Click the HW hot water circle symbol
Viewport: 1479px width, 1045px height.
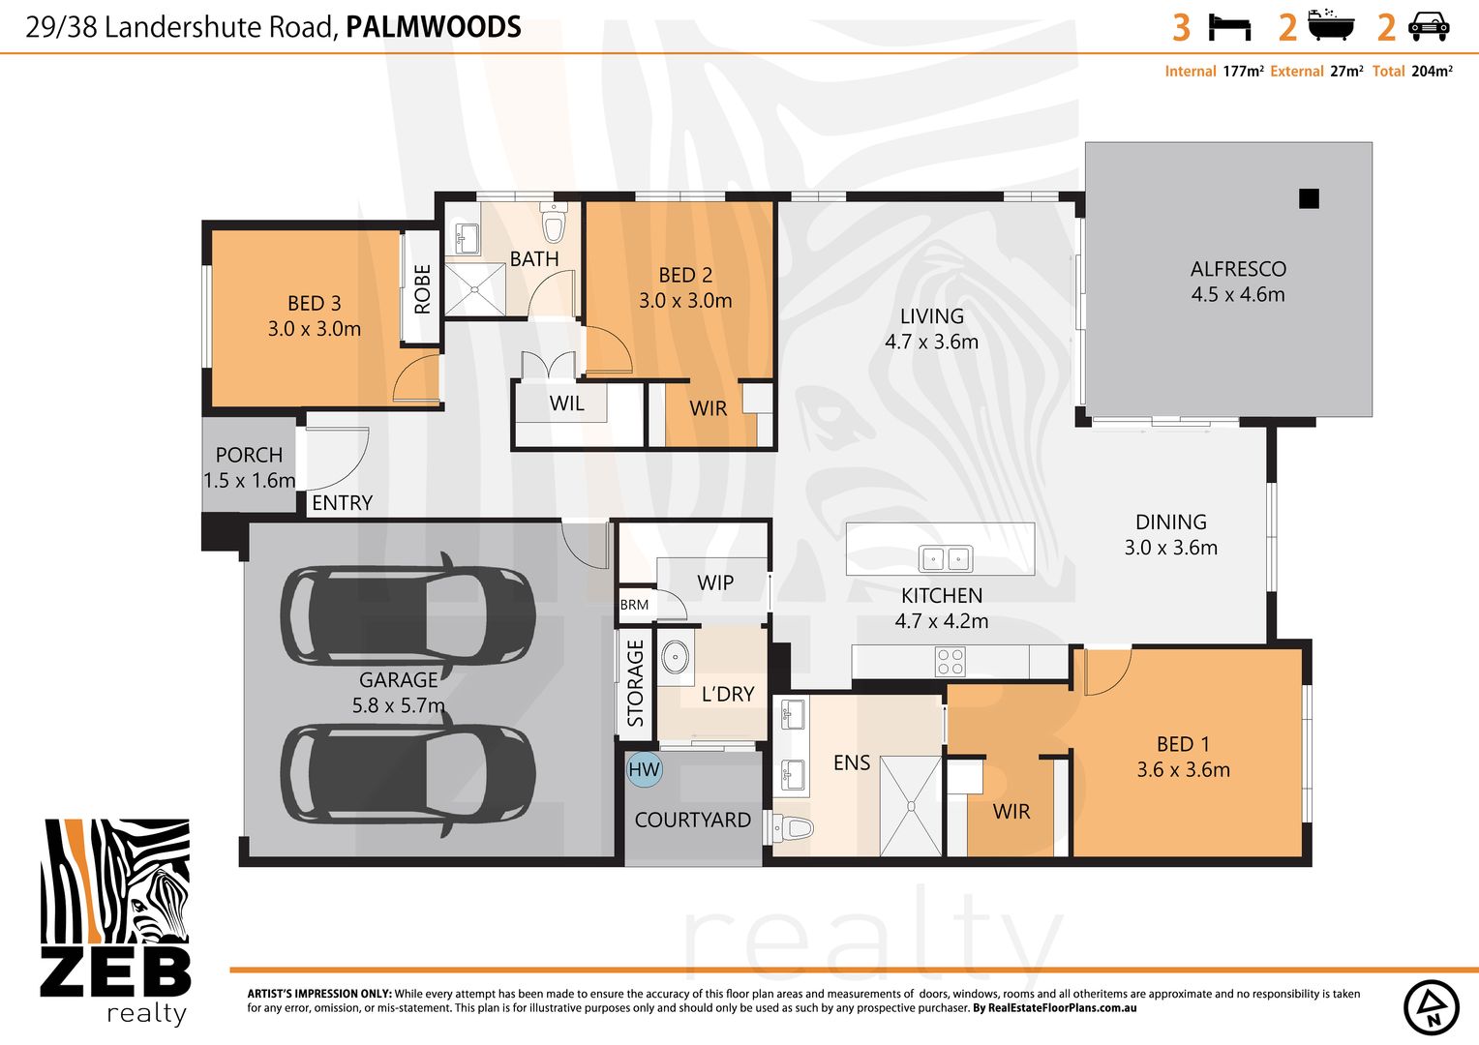point(644,770)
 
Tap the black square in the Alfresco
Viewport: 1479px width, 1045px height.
point(1309,198)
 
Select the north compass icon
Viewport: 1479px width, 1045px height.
point(1431,1006)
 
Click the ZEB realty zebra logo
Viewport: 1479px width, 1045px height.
point(115,919)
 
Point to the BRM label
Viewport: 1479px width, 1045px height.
point(634,605)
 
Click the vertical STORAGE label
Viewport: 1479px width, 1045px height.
point(635,682)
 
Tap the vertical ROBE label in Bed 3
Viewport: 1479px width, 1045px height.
point(422,288)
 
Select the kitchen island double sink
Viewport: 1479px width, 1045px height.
point(945,558)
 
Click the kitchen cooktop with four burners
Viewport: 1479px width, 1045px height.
point(950,662)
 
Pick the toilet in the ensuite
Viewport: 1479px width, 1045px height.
point(793,828)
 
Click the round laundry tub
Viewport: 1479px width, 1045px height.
point(677,656)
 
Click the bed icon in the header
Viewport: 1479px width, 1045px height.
point(1229,26)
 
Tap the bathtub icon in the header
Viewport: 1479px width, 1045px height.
point(1331,26)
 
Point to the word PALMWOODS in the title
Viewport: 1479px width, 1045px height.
point(433,27)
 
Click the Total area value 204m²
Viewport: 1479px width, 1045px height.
point(1432,72)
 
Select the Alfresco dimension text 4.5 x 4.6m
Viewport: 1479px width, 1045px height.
point(1237,295)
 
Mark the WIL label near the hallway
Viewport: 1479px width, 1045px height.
point(566,403)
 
